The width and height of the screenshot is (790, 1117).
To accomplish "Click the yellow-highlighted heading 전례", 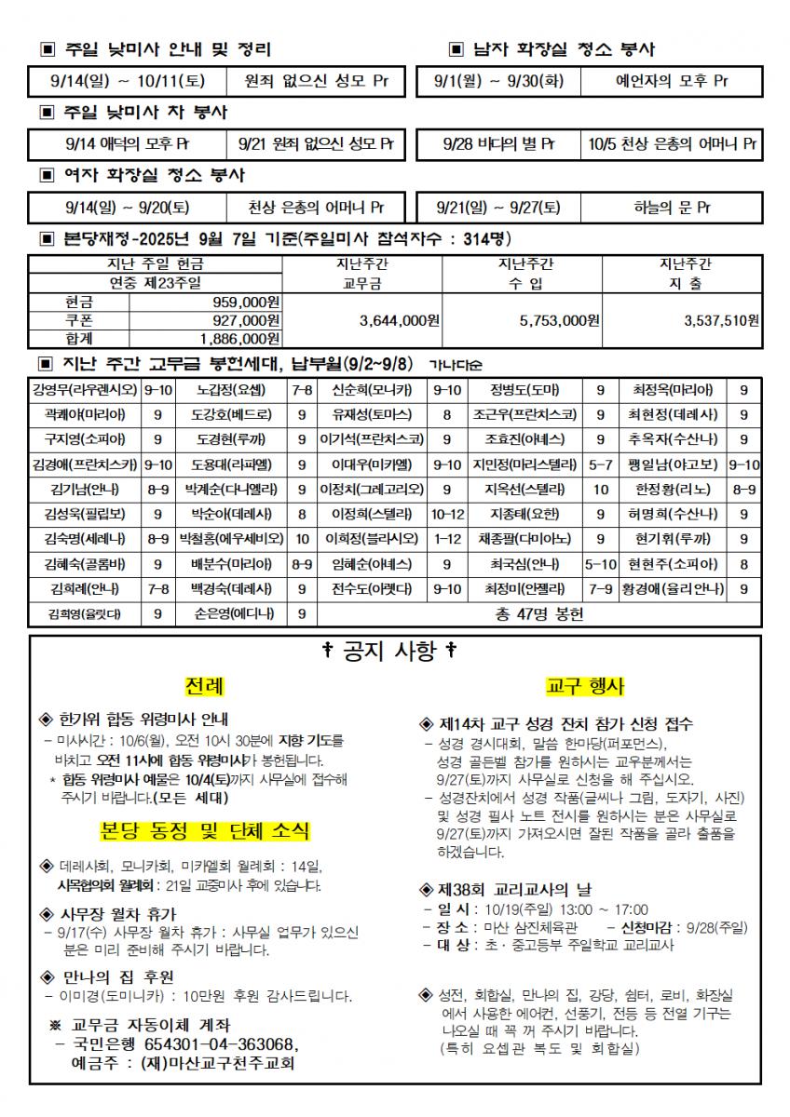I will pyautogui.click(x=203, y=687).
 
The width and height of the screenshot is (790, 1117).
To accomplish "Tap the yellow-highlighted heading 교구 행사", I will pyautogui.click(x=585, y=687).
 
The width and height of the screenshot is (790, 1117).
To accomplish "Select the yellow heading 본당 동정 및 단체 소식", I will pyautogui.click(x=205, y=830).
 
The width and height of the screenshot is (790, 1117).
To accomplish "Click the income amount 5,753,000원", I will pyautogui.click(x=559, y=320).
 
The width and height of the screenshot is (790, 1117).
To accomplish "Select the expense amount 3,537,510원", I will pyautogui.click(x=721, y=320).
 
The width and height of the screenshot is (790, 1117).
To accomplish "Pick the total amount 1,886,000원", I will pyautogui.click(x=240, y=338).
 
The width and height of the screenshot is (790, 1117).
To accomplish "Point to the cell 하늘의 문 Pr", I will pyautogui.click(x=671, y=207).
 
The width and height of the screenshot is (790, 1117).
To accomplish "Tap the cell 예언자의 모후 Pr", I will pyautogui.click(x=671, y=81).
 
